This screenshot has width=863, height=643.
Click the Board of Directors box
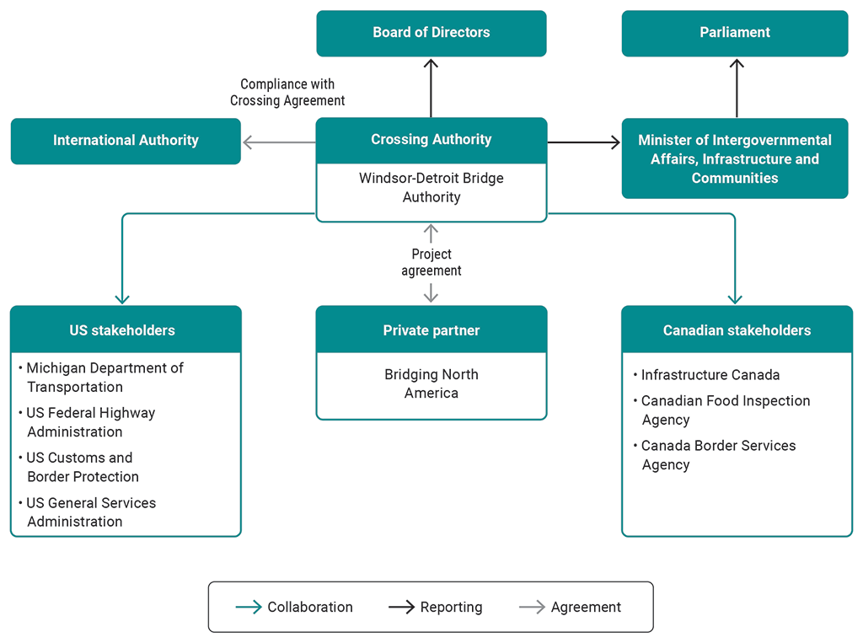(x=431, y=33)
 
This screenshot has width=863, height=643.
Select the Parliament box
(x=735, y=33)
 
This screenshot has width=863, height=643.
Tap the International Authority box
(x=126, y=141)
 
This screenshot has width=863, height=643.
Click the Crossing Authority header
(x=431, y=140)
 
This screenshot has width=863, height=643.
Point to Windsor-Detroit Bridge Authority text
(x=431, y=188)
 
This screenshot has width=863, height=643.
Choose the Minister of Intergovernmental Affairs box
(x=735, y=158)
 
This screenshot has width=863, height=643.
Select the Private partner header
(x=431, y=330)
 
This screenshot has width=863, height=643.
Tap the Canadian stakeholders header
(x=737, y=330)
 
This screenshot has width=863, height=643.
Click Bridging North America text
(x=431, y=383)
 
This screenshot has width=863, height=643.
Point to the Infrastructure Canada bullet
(x=710, y=375)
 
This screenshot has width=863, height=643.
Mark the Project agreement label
(x=431, y=262)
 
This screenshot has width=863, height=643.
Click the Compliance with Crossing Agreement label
(x=287, y=92)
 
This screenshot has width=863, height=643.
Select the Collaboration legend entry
(x=294, y=607)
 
